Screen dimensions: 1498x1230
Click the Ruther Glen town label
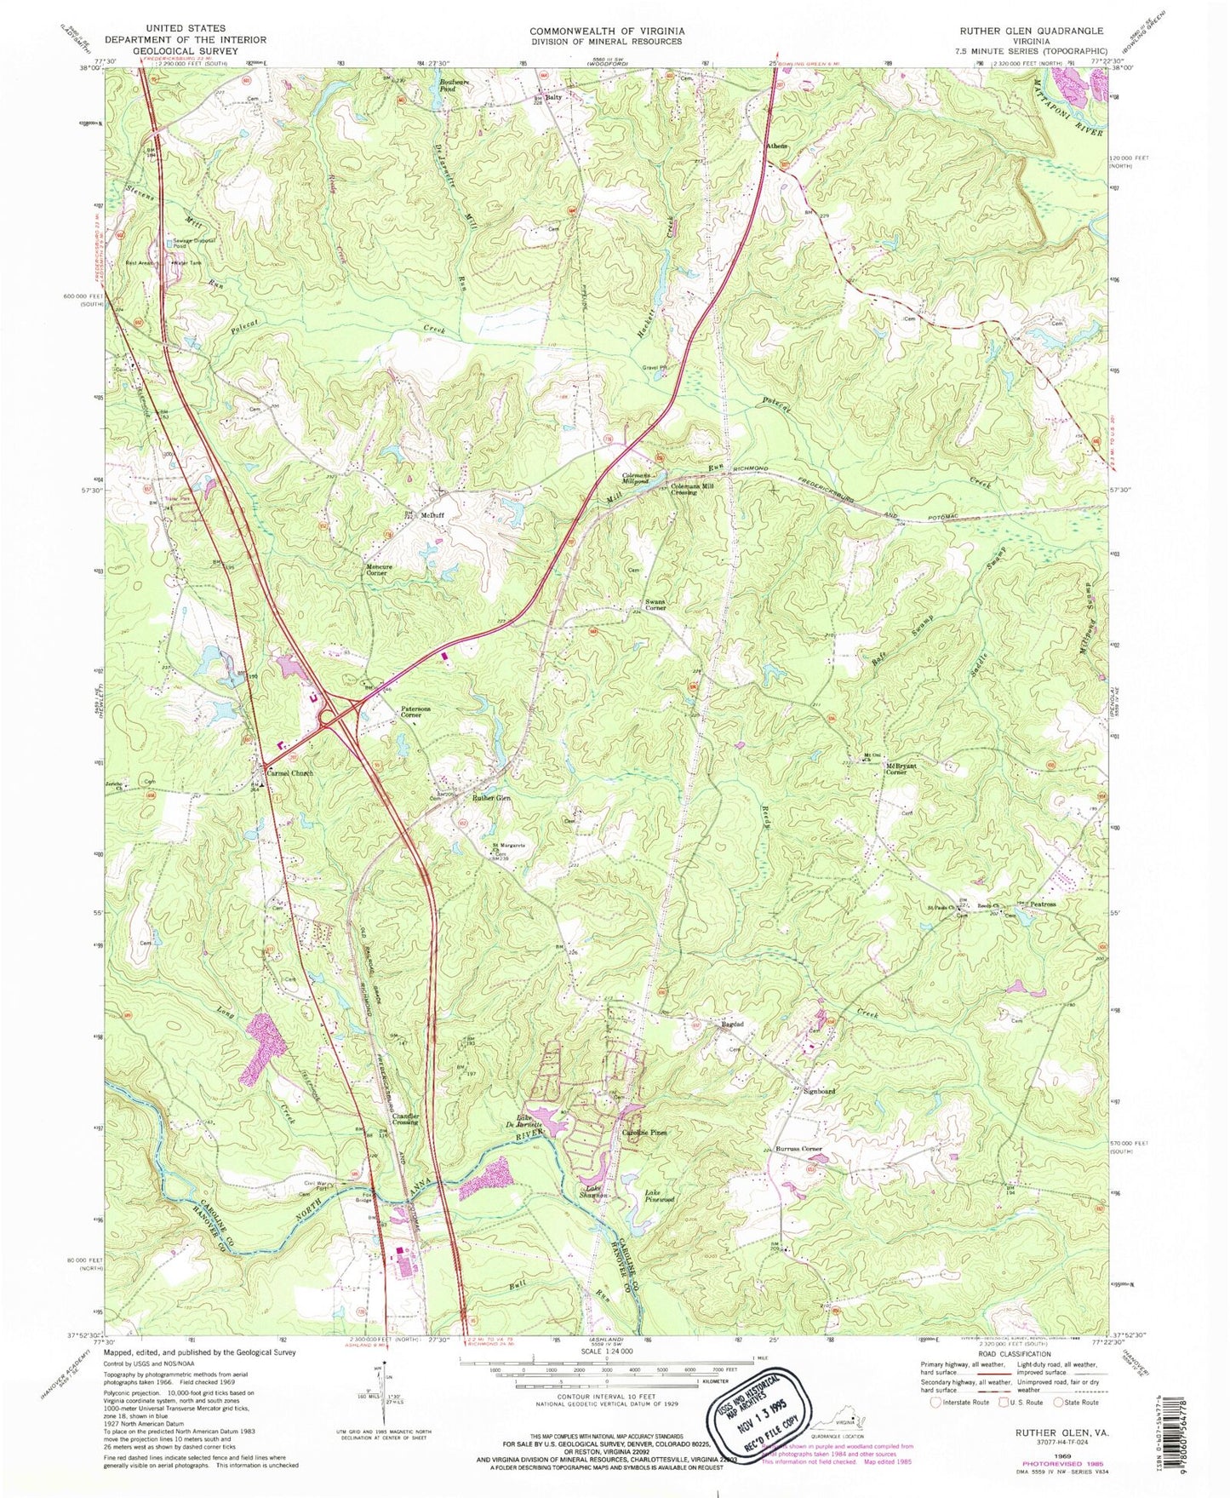tap(492, 798)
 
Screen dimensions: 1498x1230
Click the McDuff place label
tap(433, 516)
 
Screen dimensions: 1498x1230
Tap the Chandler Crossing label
tap(405, 1119)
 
